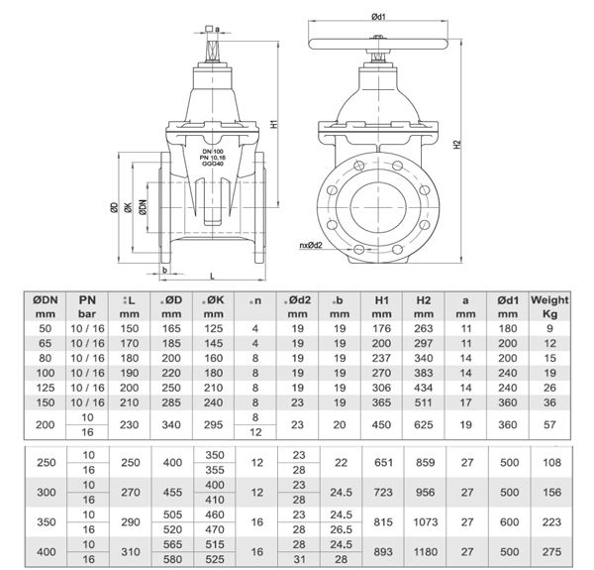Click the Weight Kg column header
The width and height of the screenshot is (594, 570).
(x=549, y=304)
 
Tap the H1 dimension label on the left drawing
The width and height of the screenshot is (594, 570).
(x=273, y=126)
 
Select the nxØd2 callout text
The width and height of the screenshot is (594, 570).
(x=314, y=243)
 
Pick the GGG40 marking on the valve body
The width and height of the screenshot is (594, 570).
(x=207, y=164)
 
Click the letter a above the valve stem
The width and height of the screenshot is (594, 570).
(x=216, y=29)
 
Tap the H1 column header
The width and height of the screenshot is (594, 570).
(x=381, y=304)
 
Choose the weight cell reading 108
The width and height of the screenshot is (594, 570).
(x=549, y=463)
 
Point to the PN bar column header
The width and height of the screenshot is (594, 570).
(x=86, y=304)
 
